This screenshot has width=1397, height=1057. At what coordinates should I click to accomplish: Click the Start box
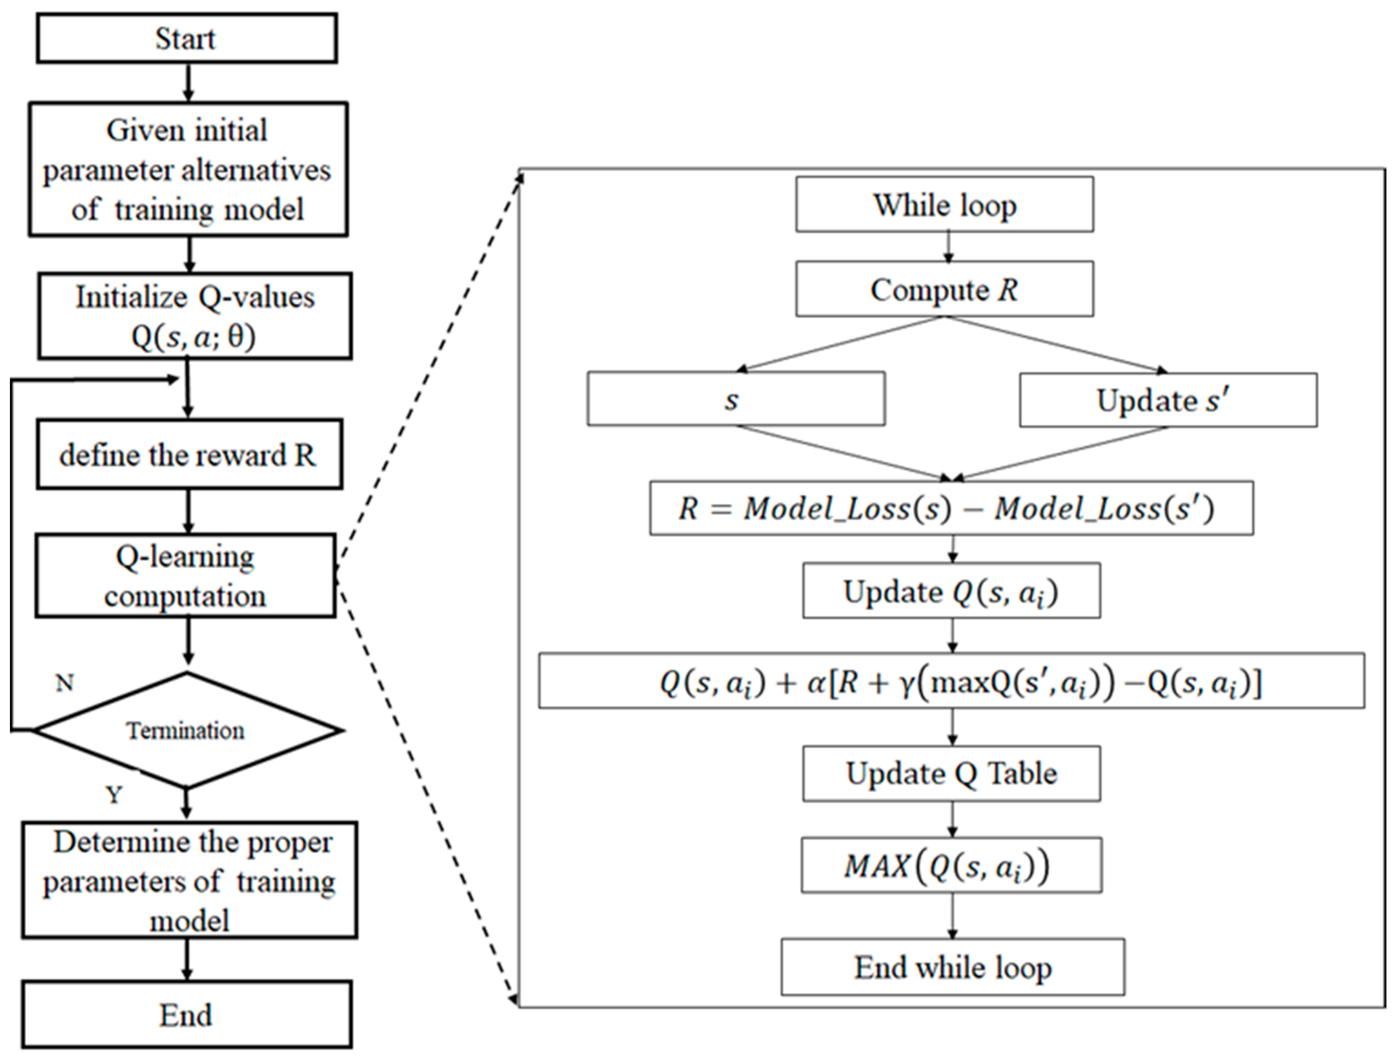click(186, 39)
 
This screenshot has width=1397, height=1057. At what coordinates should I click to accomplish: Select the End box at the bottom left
click(186, 1015)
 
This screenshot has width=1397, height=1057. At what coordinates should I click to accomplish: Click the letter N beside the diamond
click(65, 683)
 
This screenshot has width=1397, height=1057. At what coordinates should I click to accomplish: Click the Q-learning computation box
click(185, 575)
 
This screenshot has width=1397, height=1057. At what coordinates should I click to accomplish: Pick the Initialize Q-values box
click(195, 316)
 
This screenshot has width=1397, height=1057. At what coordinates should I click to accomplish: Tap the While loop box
click(944, 205)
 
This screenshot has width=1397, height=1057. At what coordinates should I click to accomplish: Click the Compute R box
click(944, 289)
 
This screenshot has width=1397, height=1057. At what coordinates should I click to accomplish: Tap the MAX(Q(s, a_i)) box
click(951, 865)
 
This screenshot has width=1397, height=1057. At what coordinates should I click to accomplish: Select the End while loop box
click(952, 967)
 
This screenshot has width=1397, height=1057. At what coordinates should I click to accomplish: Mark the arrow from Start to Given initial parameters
click(187, 82)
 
